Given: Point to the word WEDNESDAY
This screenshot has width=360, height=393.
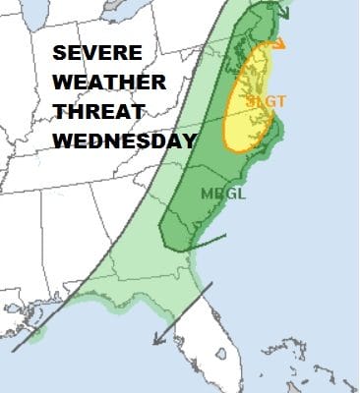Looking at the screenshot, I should (x=123, y=141).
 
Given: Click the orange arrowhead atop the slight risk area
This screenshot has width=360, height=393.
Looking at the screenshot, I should (x=283, y=43).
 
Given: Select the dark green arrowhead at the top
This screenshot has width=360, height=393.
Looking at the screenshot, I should (x=284, y=12).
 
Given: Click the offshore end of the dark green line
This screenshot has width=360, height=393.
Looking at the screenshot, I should (x=228, y=236).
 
